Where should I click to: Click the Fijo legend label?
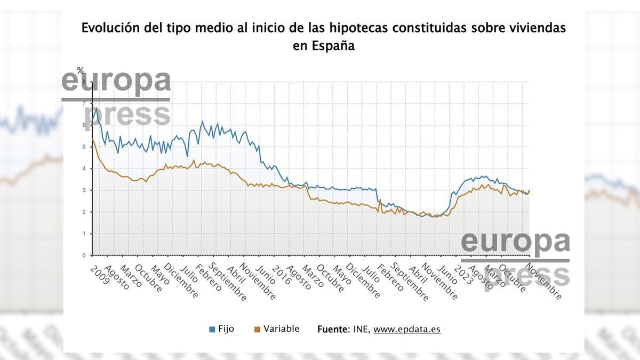tap(226, 329)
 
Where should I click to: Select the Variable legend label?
tap(281, 329)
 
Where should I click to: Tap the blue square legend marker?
tap(212, 330)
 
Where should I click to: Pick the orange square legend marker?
tap(257, 330)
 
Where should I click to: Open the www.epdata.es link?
tap(406, 330)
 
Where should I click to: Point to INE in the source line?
tap(361, 330)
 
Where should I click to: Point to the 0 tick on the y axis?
tap(84, 255)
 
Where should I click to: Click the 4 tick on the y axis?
tap(84, 169)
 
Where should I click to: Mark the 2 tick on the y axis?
tap(84, 212)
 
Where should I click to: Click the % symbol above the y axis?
tap(81, 70)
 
